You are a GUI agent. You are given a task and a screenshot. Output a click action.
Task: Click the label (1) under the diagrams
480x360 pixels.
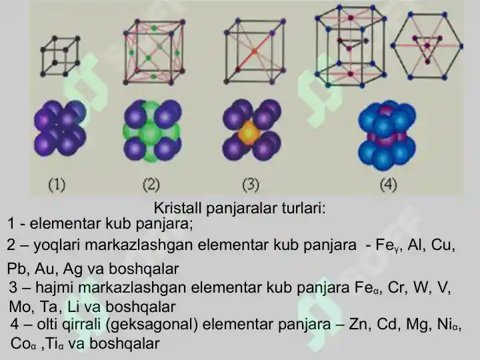pos(57,185)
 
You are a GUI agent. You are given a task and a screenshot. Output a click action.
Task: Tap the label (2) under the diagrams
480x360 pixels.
pos(151,185)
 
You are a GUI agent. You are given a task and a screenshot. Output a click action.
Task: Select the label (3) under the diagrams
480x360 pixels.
pos(251,185)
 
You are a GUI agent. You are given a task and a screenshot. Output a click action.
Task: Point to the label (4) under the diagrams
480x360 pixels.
pos(388,185)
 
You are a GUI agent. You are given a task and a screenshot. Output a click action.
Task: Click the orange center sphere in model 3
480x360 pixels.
pos(249,133)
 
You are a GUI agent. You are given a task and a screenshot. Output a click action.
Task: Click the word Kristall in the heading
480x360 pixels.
pos(177,208)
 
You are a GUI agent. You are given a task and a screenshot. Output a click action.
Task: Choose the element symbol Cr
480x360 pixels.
pos(396,288)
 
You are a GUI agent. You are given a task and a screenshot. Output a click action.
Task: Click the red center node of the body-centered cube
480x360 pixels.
pos(254,51)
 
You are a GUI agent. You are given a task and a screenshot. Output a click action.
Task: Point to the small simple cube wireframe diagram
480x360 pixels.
pos(60,56)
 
